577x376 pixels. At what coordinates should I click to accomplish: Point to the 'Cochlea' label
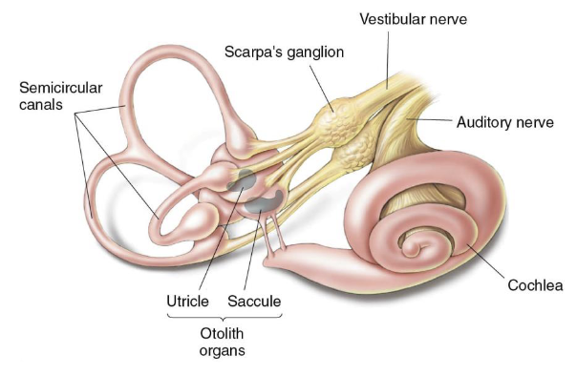pyautogui.click(x=537, y=284)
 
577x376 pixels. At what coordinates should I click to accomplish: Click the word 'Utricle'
pyautogui.click(x=187, y=302)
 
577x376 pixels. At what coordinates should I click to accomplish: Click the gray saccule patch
pyautogui.click(x=260, y=201)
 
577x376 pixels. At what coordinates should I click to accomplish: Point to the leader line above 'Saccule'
pyautogui.click(x=251, y=253)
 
